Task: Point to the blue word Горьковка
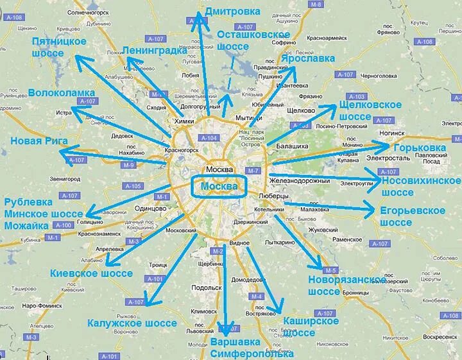click(x=420, y=148)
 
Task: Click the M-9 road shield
click(x=129, y=166)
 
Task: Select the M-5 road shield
click(x=330, y=270)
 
